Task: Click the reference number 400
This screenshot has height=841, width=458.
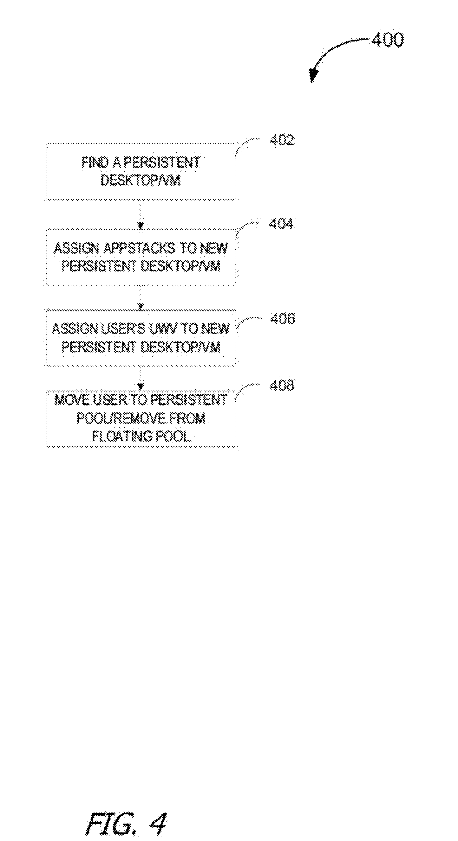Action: coord(387,40)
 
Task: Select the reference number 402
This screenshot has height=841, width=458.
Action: coord(281,140)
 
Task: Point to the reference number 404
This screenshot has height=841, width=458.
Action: coord(281,224)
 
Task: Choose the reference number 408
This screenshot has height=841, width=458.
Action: coord(281,385)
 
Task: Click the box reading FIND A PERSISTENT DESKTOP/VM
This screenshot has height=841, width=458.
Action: coord(141,172)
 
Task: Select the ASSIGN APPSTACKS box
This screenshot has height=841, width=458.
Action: coord(141,258)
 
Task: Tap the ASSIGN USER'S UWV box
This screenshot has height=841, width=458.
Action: coord(141,338)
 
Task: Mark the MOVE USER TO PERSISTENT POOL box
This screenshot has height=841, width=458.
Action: coord(141,418)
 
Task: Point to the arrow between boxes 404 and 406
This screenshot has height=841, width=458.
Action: coord(141,298)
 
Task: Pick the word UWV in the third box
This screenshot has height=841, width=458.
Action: coord(162,329)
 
